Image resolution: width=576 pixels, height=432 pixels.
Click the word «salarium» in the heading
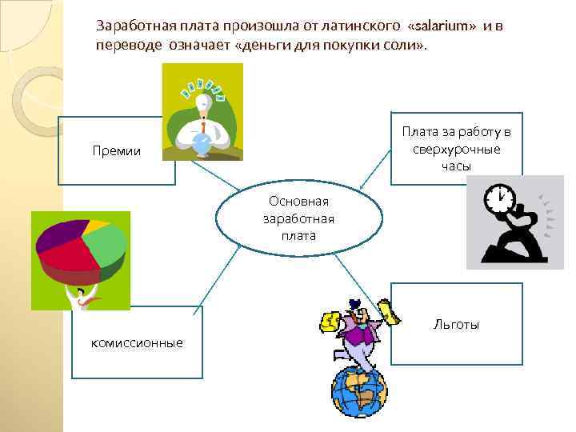(x=442, y=26)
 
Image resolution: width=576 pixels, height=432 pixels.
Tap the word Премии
(x=117, y=150)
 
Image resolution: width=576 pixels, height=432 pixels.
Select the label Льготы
(x=457, y=324)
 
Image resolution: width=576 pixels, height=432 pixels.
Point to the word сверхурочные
(x=456, y=149)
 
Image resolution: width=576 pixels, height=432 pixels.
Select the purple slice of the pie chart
(x=59, y=236)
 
